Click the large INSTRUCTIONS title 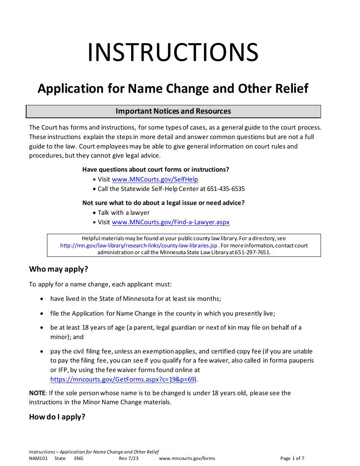click(173, 53)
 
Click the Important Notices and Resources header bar click(173, 111)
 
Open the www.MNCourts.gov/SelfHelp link click(155, 180)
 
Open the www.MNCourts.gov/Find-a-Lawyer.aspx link click(171, 222)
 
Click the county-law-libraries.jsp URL click(139, 246)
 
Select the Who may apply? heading click(58, 269)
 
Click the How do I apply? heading click(57, 417)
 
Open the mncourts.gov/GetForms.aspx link click(122, 379)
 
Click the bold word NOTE click(37, 393)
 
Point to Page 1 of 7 click(292, 458)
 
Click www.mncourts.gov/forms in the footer click(187, 458)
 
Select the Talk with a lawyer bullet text click(124, 213)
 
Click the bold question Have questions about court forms click(156, 170)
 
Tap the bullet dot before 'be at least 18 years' click(42, 328)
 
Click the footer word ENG click(78, 458)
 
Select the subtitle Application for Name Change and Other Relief click(173, 89)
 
